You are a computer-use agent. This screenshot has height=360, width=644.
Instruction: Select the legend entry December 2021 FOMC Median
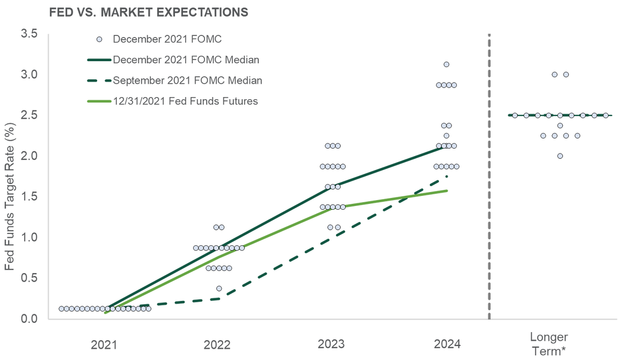click(186, 60)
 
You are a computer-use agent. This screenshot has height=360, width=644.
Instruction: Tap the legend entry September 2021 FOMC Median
click(187, 80)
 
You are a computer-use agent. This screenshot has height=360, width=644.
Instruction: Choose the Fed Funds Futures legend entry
click(186, 101)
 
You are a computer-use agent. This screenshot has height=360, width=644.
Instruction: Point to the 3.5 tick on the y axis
click(30, 33)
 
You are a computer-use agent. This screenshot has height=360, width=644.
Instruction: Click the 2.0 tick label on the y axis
click(30, 156)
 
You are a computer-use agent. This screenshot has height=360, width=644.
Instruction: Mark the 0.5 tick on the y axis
click(30, 278)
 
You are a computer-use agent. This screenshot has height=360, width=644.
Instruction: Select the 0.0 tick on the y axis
click(30, 319)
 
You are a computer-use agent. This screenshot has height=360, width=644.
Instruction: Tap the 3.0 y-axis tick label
click(30, 74)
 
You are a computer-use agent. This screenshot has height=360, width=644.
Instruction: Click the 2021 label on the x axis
click(104, 344)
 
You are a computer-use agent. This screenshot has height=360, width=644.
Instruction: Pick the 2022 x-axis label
click(217, 344)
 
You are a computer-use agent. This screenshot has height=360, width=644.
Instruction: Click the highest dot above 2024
click(446, 64)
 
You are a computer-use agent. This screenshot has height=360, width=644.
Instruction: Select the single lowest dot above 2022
click(218, 289)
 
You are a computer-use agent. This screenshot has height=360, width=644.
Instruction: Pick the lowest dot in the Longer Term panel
click(560, 156)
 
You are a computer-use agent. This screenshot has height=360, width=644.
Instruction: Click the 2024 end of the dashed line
click(447, 175)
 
